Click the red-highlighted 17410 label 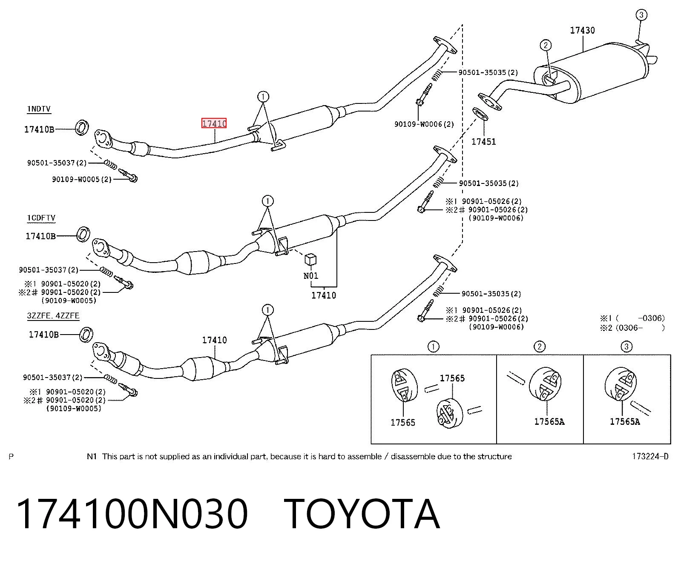point(214,123)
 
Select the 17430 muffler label point(582,30)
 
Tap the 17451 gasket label point(483,142)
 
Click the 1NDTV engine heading point(39,109)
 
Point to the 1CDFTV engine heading point(41,218)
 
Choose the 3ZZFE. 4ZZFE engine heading point(53,315)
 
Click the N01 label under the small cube point(311,276)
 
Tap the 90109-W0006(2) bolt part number point(424,124)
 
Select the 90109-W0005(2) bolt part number point(82,179)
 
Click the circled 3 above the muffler point(641,14)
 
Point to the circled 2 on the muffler point(546,45)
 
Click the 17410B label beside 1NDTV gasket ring point(39,129)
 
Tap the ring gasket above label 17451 point(480,114)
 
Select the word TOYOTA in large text point(362,514)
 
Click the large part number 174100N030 point(132,514)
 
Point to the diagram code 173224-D point(650,456)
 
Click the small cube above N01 point(310,259)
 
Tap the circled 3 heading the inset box point(626,346)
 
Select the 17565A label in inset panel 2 point(549,422)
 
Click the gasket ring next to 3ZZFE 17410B point(86,335)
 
